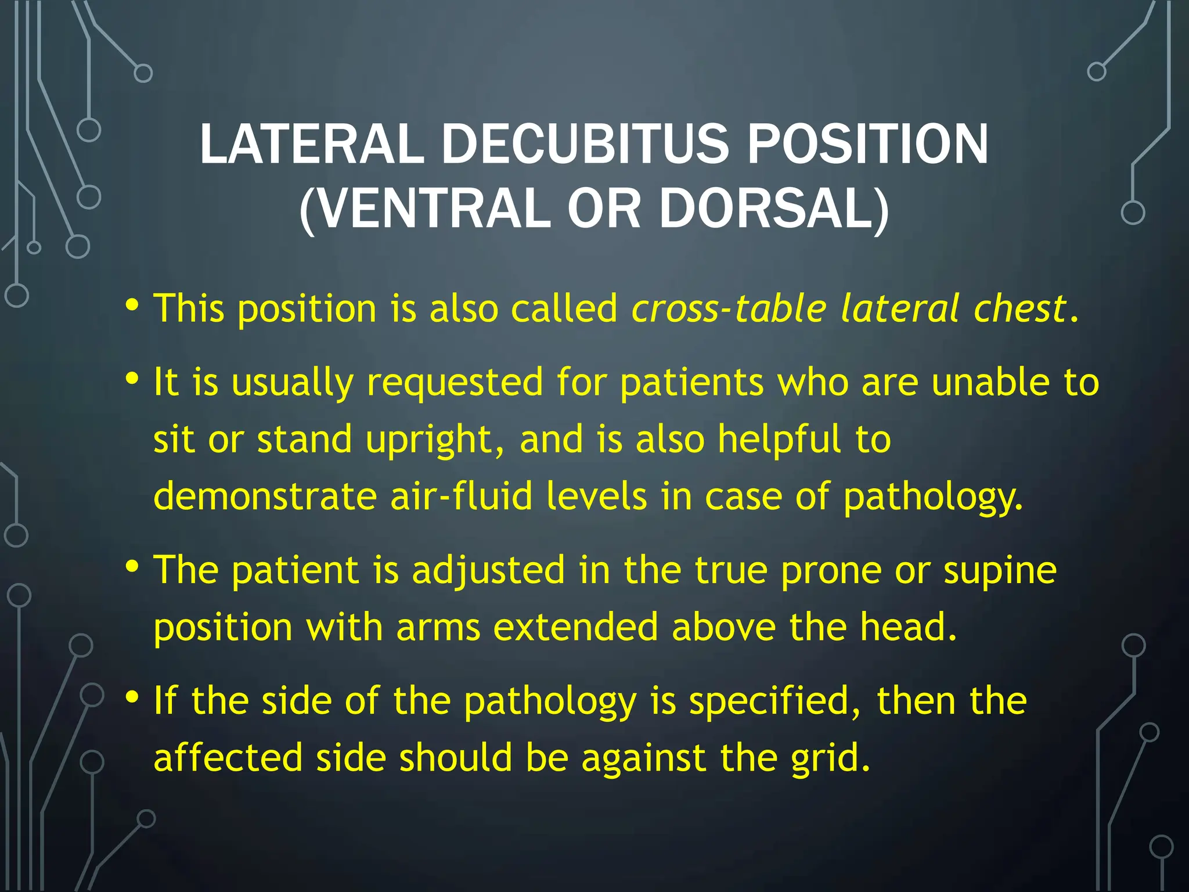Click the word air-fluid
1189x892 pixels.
tap(461, 497)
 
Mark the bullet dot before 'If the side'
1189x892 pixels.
tap(132, 696)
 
